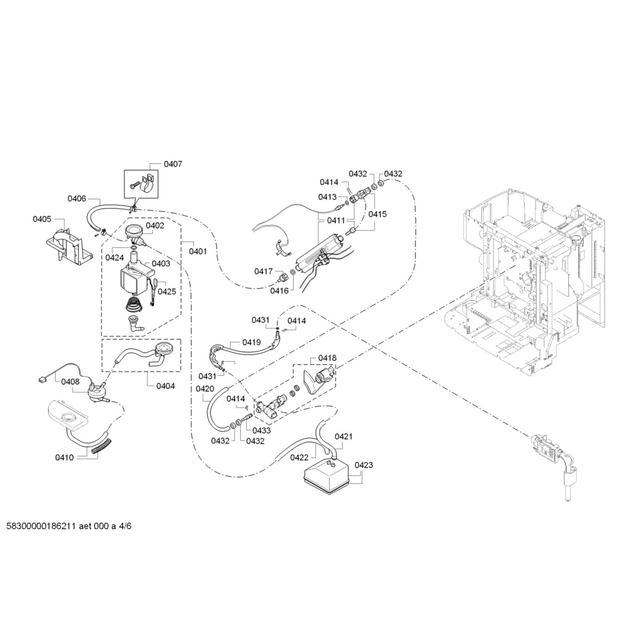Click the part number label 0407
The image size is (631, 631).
click(173, 164)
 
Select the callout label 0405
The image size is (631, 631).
click(43, 219)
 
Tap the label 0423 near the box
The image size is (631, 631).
click(364, 465)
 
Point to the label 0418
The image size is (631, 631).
click(327, 358)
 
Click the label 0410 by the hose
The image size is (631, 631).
click(64, 458)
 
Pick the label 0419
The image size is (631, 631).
click(251, 343)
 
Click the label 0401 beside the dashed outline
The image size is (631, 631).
click(198, 251)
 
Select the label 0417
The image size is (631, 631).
click(263, 272)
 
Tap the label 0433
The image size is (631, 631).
click(261, 431)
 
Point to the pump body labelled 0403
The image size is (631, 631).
click(136, 279)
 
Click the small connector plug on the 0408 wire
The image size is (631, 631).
click(42, 379)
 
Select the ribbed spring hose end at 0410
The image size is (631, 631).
click(101, 447)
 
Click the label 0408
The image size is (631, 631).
click(70, 381)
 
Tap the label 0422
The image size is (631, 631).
click(299, 458)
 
